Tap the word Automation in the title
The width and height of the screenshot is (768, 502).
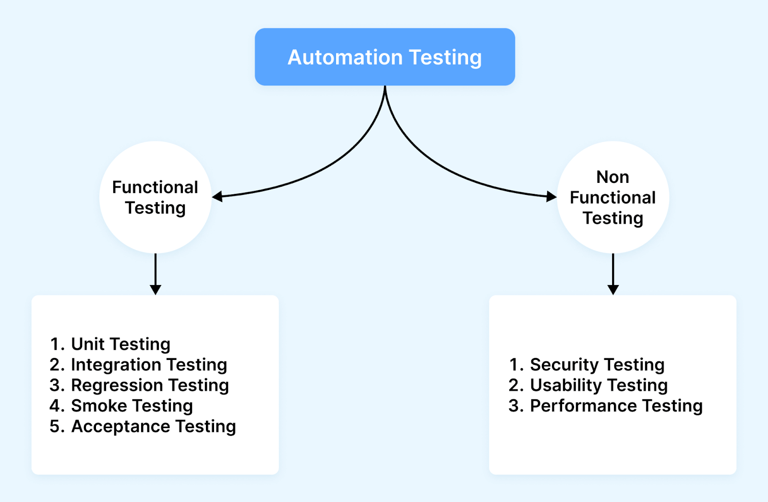345,58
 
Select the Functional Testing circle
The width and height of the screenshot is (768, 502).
155,197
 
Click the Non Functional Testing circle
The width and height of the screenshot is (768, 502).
613,197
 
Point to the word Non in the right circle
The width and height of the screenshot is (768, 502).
612,177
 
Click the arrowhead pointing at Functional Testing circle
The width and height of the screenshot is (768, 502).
217,196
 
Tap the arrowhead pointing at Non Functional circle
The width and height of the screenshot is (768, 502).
551,196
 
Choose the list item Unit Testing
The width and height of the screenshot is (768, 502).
120,344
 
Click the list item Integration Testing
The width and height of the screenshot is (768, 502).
149,365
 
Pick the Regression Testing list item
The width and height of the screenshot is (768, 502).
150,385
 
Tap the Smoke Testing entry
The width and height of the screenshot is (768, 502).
132,406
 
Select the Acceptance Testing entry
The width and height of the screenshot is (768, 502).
153,427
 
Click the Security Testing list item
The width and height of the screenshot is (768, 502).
597,365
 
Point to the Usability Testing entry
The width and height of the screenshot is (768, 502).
599,385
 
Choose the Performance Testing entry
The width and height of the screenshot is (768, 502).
616,406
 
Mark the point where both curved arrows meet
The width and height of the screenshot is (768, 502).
385,88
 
